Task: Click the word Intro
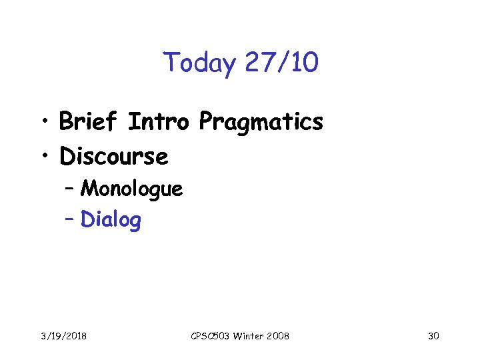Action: coord(159,122)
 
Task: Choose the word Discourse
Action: coord(114,157)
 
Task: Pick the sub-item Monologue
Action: coord(131,190)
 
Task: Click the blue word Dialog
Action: coord(111,220)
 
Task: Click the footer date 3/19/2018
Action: coord(63,336)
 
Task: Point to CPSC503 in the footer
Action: coord(210,336)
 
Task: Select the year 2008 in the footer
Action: coord(278,336)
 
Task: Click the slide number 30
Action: coord(433,336)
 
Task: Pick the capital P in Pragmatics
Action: coord(206,122)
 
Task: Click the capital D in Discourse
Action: coord(67,157)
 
